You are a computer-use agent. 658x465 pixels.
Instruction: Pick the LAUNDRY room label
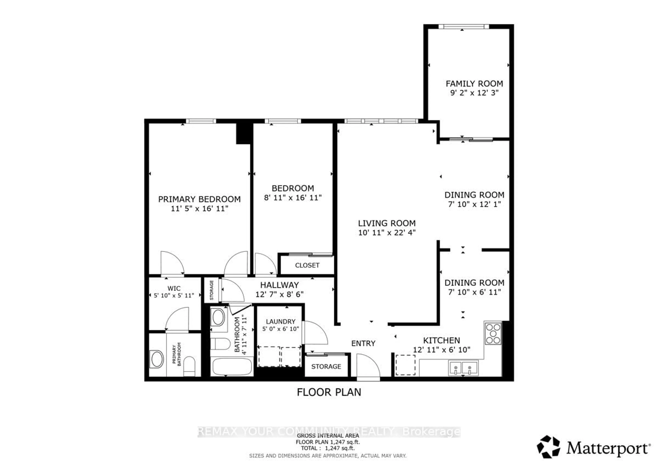coord(280,321)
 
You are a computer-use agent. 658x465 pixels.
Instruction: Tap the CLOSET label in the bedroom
coord(307,265)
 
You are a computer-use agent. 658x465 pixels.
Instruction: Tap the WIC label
coord(174,288)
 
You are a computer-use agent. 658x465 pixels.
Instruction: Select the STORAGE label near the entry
coord(326,366)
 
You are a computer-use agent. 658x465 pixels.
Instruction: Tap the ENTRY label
coord(363,343)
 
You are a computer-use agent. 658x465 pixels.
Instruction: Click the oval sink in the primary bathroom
coord(157,359)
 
